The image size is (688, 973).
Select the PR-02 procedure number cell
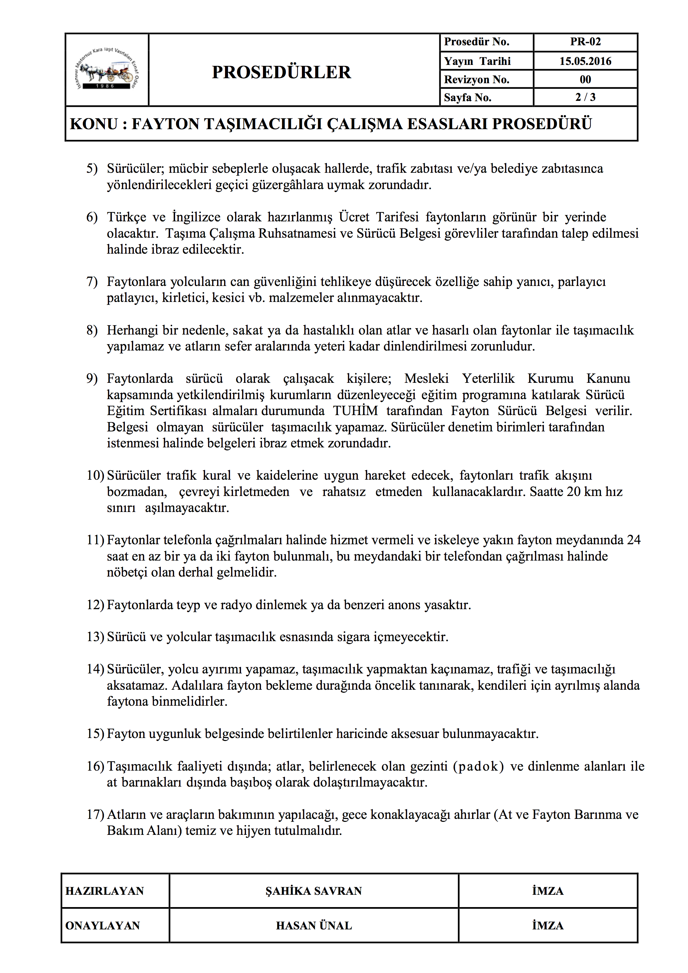(585, 42)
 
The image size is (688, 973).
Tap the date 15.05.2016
(585, 61)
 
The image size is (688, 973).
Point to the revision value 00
(585, 79)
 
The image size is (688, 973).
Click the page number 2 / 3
(585, 97)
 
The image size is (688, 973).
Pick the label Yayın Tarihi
(477, 61)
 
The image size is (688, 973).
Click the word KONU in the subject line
(94, 124)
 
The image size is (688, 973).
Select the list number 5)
(92, 169)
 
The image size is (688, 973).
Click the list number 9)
(92, 378)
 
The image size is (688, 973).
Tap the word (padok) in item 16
(478, 766)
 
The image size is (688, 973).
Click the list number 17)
(95, 815)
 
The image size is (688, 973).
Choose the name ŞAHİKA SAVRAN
(314, 891)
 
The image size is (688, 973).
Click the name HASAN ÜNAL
(314, 925)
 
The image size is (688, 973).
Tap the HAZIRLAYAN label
(105, 891)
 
